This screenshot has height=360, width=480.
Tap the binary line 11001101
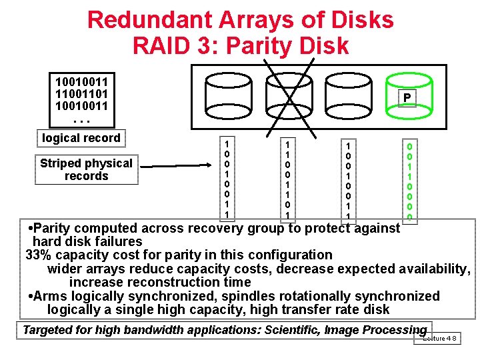point(81,93)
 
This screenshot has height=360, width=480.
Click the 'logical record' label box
point(81,138)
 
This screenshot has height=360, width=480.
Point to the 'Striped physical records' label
point(86,169)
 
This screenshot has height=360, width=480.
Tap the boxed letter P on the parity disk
point(406,99)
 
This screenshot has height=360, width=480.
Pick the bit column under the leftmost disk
point(227,179)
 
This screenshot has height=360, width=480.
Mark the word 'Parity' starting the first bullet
point(56,229)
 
